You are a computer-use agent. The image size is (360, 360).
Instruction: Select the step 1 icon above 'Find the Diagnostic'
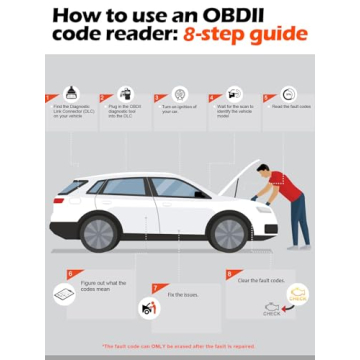70,93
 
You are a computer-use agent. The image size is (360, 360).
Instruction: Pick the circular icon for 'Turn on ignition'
180,93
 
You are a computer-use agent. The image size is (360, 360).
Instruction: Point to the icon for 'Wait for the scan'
234,93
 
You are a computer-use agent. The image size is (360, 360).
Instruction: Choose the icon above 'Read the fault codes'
288,93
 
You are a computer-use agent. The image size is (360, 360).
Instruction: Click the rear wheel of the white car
100,232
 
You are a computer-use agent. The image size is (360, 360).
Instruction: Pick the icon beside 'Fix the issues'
150,308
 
